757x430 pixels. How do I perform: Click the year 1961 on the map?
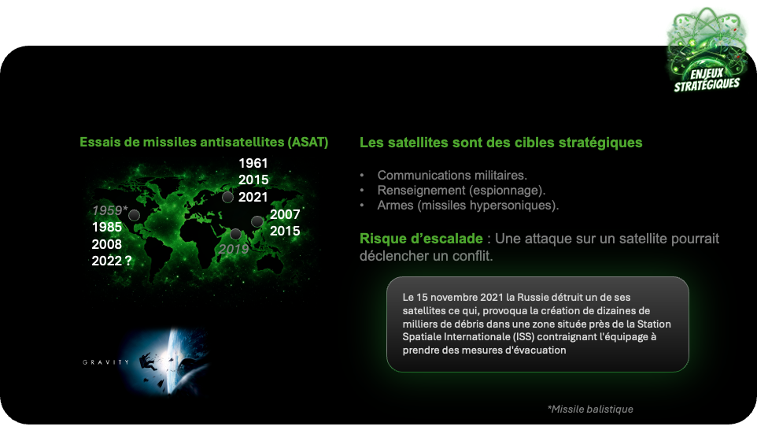pos(253,163)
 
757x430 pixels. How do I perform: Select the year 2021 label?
pos(253,197)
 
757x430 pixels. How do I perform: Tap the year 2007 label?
pos(285,214)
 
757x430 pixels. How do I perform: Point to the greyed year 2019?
pos(234,249)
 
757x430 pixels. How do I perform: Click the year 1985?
pos(107,227)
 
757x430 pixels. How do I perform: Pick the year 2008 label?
pos(107,244)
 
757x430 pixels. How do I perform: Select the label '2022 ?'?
pos(112,261)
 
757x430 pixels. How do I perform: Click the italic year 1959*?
pos(110,210)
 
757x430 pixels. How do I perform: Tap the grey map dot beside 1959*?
pos(135,216)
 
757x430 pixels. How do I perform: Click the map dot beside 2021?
pos(227,197)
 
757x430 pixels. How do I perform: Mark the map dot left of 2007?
pos(257,222)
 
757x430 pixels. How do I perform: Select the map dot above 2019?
pos(235,235)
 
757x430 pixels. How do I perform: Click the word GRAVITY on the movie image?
pos(106,361)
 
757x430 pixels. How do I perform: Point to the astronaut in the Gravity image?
pos(146,361)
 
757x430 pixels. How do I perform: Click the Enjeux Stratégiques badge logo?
pos(707,50)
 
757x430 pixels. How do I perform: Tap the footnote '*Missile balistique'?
pos(590,410)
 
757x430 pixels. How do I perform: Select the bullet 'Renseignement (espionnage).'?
pos(461,191)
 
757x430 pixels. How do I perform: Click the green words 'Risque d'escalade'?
pos(421,239)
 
